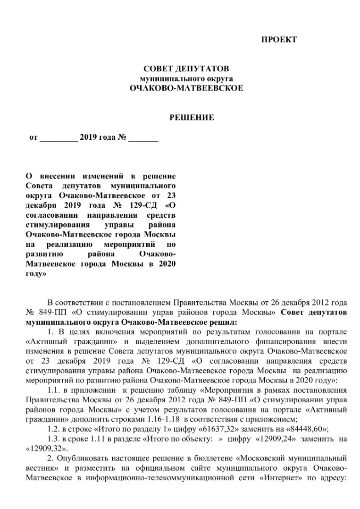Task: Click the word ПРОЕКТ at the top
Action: (279, 40)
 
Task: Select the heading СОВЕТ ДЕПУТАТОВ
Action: (186, 69)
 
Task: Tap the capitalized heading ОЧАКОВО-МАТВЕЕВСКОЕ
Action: (186, 88)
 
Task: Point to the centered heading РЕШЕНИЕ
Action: (192, 118)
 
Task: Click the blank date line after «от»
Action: (59, 138)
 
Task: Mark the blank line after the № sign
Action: (143, 138)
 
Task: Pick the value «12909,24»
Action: (272, 439)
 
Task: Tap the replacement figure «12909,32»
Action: (46, 448)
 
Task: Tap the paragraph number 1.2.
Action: (53, 429)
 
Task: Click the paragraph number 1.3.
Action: (53, 439)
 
